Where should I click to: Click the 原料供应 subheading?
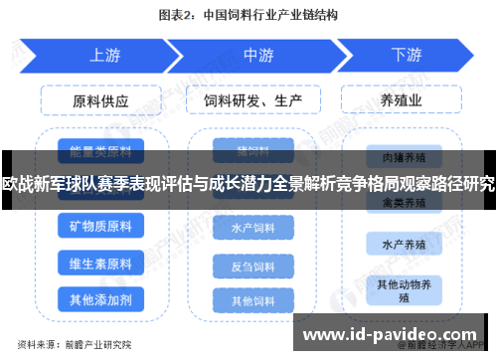[100, 101]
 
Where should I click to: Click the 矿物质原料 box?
[100, 228]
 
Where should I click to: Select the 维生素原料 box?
[100, 264]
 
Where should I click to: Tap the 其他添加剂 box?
[100, 299]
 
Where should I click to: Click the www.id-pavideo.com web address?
[394, 333]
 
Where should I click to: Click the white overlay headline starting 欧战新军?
[248, 184]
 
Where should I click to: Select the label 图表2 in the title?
[179, 16]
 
